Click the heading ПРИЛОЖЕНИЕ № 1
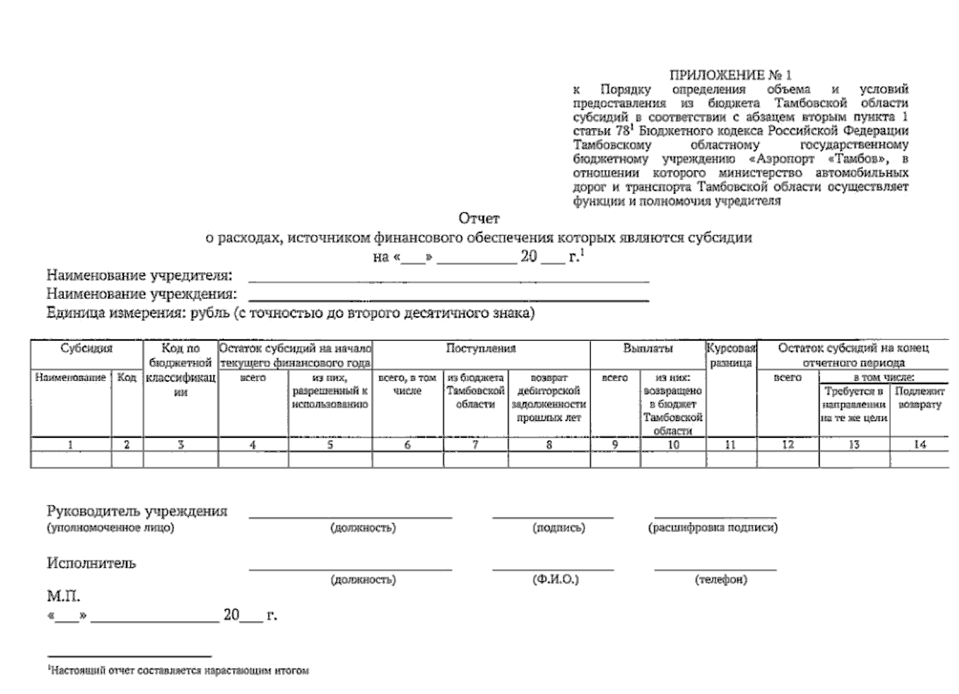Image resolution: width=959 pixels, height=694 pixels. (730, 75)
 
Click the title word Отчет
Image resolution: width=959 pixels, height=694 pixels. (478, 219)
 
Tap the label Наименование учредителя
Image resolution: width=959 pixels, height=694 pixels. (139, 275)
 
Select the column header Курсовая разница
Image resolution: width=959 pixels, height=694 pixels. (731, 355)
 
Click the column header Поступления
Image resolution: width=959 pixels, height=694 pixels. (481, 348)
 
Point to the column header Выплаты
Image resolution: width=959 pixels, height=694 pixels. (647, 348)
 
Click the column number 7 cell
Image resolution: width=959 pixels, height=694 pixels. (475, 445)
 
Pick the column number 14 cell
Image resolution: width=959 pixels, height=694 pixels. (919, 444)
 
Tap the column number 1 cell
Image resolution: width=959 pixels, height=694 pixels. (71, 445)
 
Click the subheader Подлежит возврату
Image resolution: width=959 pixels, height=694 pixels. (919, 398)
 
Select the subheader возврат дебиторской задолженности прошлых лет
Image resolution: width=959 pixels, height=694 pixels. (548, 398)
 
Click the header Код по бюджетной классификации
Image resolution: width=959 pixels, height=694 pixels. (180, 370)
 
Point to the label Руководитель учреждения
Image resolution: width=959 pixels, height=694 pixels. (137, 511)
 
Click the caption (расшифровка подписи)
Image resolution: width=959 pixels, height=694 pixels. (713, 527)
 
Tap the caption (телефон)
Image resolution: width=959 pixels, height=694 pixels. (721, 579)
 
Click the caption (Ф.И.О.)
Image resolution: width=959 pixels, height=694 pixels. (555, 579)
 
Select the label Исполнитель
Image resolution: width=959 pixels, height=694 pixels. (91, 563)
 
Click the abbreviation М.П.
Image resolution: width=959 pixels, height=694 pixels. (63, 596)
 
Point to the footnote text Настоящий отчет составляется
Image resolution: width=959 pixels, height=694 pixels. (179, 671)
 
